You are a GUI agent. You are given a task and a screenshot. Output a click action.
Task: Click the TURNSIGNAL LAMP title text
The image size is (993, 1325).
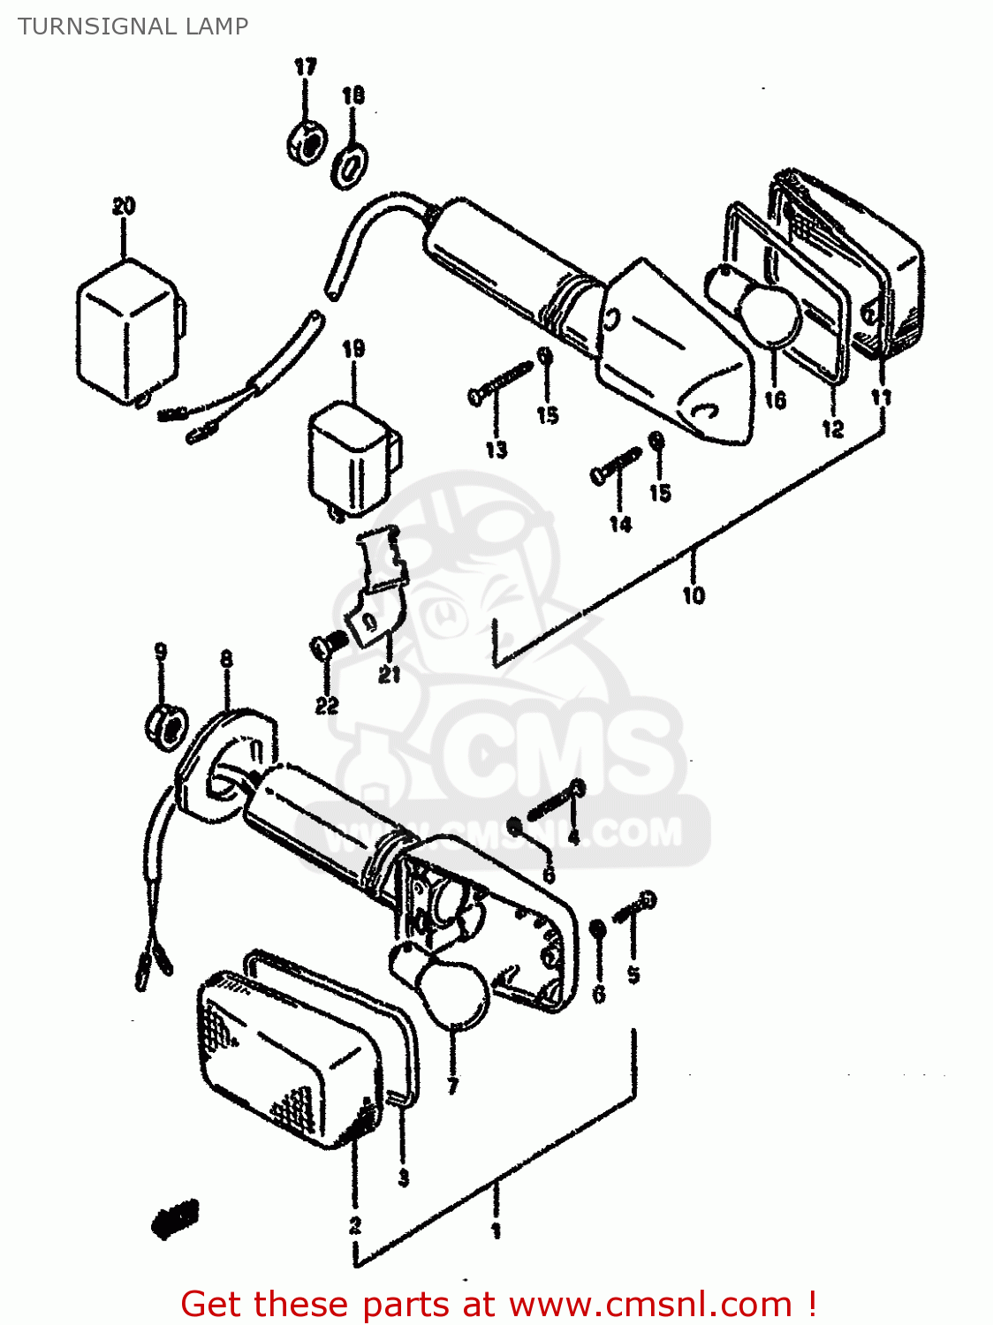pos(133,26)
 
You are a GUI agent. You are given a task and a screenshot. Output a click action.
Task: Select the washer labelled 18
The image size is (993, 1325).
pos(352,165)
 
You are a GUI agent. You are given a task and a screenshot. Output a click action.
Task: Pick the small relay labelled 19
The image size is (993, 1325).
pos(352,458)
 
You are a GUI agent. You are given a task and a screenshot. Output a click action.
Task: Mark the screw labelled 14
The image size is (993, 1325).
pos(616,465)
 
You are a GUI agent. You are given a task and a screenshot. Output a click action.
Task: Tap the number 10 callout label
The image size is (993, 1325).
pos(694,595)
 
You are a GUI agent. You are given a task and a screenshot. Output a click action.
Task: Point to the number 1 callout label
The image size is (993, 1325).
pos(496,1230)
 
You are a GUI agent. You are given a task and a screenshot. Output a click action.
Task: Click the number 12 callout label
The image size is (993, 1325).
pos(832,429)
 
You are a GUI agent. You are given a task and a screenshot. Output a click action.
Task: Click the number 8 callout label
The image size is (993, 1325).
pos(226,659)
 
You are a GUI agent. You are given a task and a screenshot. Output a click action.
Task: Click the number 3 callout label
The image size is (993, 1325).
pos(403,1177)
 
